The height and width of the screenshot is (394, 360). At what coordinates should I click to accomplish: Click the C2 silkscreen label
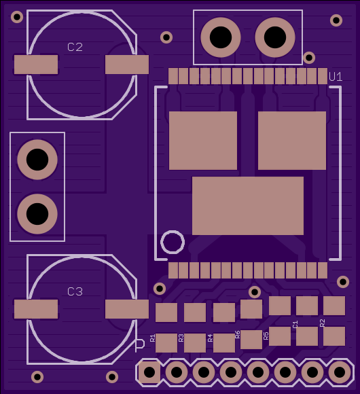pyautogui.click(x=75, y=48)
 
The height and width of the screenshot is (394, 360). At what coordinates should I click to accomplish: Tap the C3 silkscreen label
pyautogui.click(x=75, y=291)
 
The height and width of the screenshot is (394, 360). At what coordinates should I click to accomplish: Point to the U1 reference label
pyautogui.click(x=336, y=77)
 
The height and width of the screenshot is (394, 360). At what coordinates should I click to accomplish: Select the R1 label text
pyautogui.click(x=153, y=338)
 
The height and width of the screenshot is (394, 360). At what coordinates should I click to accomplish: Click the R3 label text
pyautogui.click(x=181, y=338)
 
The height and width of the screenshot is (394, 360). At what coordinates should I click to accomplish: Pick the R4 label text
pyautogui.click(x=211, y=338)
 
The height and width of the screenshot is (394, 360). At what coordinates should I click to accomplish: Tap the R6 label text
pyautogui.click(x=238, y=334)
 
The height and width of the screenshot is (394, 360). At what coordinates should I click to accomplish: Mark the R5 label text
pyautogui.click(x=266, y=336)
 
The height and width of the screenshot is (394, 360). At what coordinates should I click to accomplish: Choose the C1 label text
pyautogui.click(x=295, y=324)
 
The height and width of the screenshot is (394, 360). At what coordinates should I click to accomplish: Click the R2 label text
pyautogui.click(x=323, y=323)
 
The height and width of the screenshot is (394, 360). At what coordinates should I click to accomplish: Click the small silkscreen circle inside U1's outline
pyautogui.click(x=173, y=242)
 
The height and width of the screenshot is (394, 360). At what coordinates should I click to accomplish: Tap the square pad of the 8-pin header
pyautogui.click(x=149, y=372)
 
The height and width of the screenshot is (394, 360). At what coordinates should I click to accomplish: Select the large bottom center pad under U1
pyautogui.click(x=248, y=206)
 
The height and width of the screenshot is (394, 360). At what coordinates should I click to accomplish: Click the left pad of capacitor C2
pyautogui.click(x=36, y=65)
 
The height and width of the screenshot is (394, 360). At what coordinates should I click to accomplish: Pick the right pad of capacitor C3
pyautogui.click(x=127, y=309)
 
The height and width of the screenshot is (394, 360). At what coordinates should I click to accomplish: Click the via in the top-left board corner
pyautogui.click(x=17, y=17)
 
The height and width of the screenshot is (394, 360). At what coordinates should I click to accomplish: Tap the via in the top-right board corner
pyautogui.click(x=336, y=20)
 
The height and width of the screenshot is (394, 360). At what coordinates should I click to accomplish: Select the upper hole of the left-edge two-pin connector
pyautogui.click(x=37, y=160)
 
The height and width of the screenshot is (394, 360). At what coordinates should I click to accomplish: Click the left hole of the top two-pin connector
pyautogui.click(x=221, y=37)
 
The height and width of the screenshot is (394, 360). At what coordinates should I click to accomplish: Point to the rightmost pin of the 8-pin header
pyautogui.click(x=340, y=372)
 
